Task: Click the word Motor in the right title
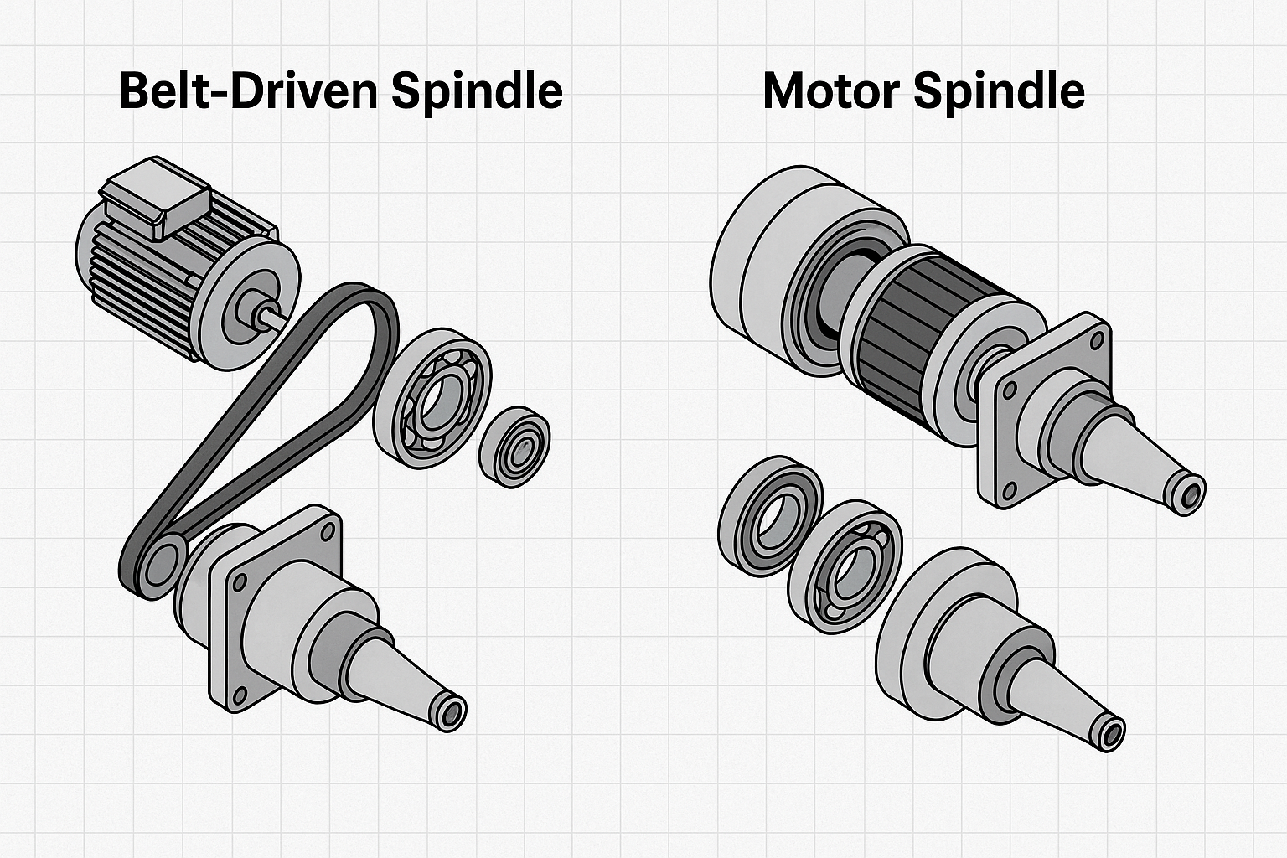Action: click(830, 90)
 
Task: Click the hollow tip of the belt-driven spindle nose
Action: click(452, 713)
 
